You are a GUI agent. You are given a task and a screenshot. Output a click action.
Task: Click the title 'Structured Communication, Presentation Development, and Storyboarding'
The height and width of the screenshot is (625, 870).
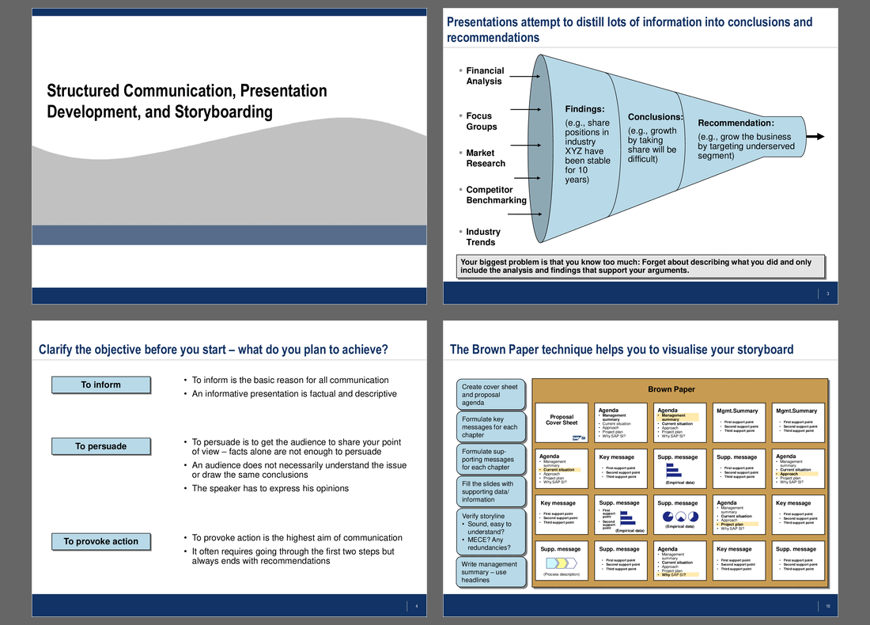(x=187, y=101)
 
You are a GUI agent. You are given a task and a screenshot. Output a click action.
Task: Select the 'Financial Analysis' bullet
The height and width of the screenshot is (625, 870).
(x=484, y=76)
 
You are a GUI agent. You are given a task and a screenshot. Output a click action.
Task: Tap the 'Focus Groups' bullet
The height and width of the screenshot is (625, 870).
(x=481, y=121)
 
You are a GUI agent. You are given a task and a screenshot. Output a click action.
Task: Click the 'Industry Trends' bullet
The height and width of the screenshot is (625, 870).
(x=482, y=237)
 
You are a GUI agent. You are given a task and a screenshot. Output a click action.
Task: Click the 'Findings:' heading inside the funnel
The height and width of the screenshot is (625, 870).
(x=584, y=109)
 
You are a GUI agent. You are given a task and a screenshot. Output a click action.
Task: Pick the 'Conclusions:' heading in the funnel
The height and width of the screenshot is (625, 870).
(x=655, y=117)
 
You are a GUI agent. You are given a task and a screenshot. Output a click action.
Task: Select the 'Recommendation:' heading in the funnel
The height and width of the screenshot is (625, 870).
(x=736, y=123)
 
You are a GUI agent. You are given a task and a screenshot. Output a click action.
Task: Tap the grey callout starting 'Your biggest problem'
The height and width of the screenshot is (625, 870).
(x=641, y=267)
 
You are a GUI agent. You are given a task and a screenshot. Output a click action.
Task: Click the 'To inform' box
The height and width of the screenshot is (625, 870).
(x=100, y=385)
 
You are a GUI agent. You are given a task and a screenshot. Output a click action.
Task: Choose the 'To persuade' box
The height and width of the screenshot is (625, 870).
(x=100, y=446)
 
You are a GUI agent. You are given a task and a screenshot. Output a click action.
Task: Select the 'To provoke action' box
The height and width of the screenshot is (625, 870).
(x=100, y=542)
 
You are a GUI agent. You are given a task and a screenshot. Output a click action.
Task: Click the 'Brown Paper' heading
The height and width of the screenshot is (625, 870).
(x=671, y=389)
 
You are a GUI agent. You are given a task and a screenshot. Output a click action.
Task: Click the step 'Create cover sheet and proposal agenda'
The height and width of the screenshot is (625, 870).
(x=490, y=394)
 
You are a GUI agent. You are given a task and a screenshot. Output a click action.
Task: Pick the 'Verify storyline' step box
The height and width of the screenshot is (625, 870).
(x=490, y=531)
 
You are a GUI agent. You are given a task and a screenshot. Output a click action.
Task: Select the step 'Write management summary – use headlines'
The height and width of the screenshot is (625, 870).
(x=490, y=572)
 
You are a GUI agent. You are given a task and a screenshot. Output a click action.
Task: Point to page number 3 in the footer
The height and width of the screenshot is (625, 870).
(x=827, y=294)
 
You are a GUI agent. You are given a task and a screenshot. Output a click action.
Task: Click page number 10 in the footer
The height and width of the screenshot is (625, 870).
(x=827, y=607)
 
